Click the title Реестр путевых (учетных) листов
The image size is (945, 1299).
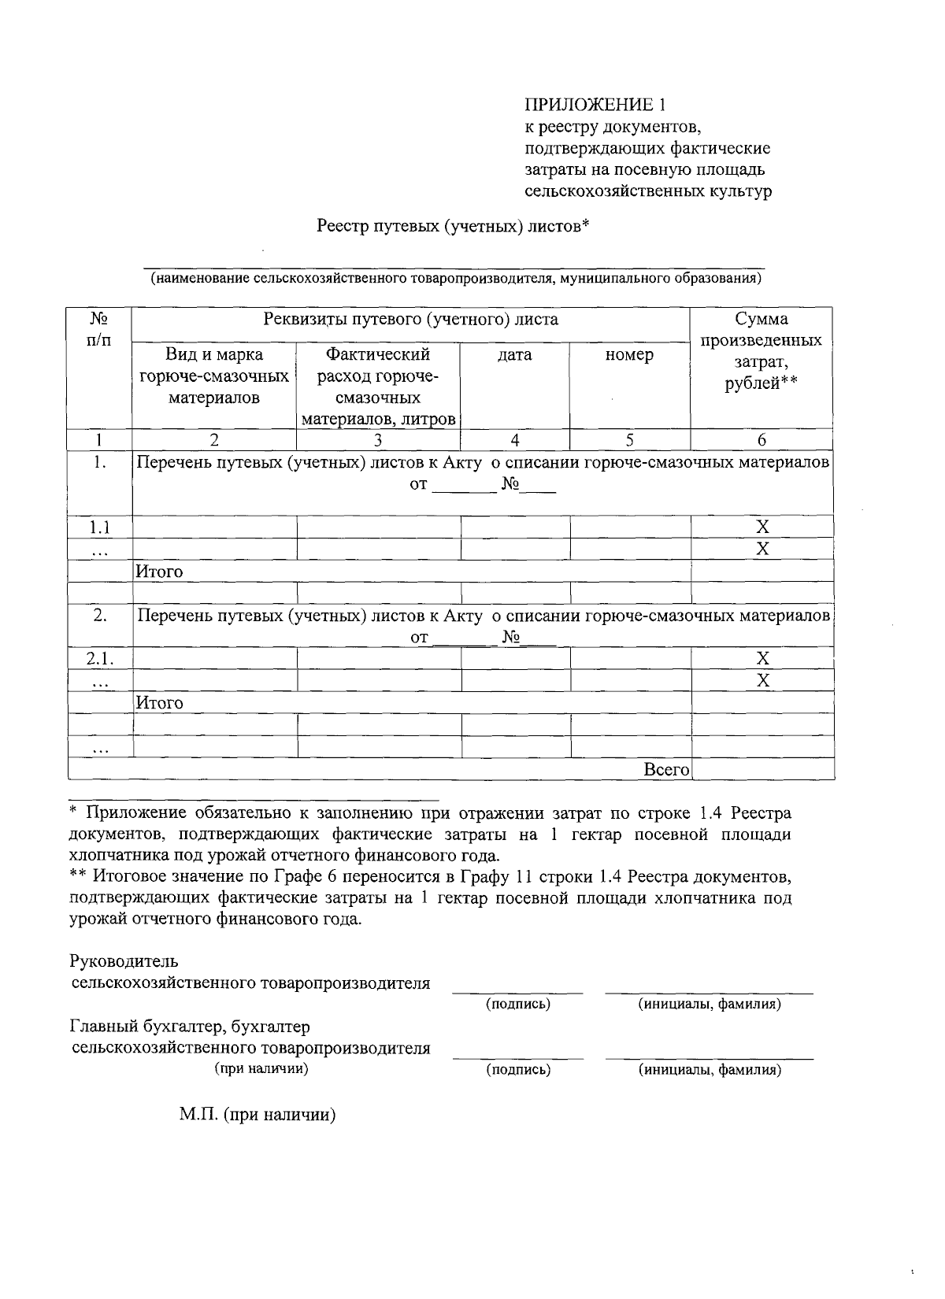(453, 227)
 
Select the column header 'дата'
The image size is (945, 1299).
(514, 355)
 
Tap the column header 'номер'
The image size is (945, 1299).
(629, 355)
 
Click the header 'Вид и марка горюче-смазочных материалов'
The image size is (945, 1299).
(213, 376)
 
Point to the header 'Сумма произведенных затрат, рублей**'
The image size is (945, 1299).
(761, 351)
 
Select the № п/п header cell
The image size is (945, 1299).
(98, 329)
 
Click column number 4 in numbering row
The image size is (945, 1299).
(514, 441)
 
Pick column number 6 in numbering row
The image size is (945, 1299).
(762, 441)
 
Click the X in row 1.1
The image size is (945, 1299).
(762, 527)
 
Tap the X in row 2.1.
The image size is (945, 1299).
(762, 658)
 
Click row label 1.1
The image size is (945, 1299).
(98, 527)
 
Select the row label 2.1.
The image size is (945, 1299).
(99, 658)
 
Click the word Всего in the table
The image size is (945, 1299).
(666, 770)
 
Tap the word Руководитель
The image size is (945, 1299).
(124, 961)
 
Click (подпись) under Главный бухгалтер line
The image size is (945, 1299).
(518, 1069)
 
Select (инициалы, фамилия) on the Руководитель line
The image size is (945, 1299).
(710, 1004)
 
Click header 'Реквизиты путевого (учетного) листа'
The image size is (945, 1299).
(410, 320)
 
